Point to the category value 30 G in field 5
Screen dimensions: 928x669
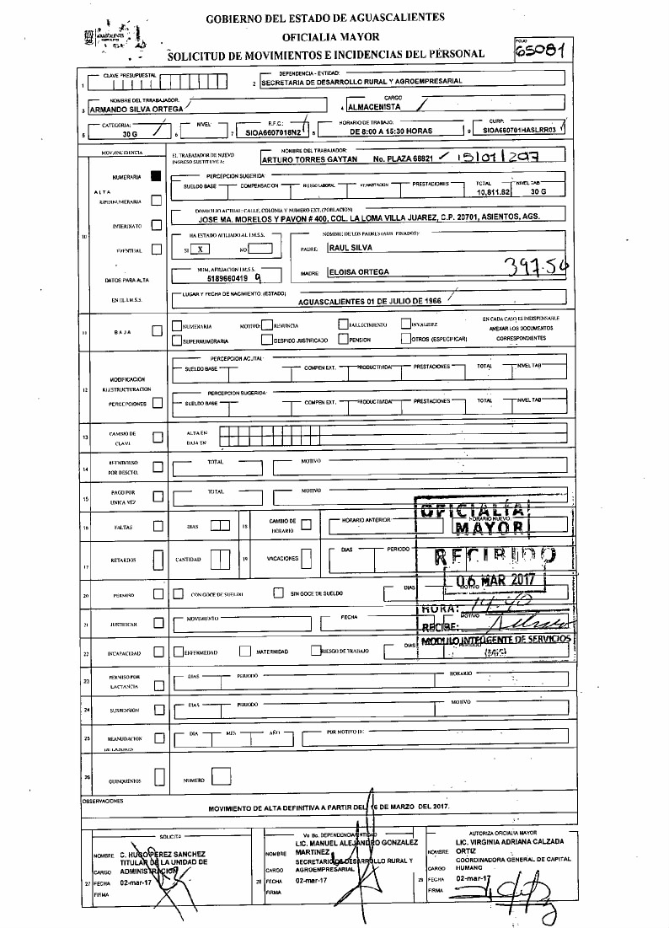pyautogui.click(x=129, y=133)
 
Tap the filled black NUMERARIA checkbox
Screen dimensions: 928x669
pyautogui.click(x=155, y=177)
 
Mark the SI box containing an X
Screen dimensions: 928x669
pyautogui.click(x=199, y=249)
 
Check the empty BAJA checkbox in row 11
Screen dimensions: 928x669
pyautogui.click(x=156, y=331)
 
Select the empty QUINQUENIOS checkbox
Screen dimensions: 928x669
pyautogui.click(x=156, y=780)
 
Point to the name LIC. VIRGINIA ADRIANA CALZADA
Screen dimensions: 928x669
pyautogui.click(x=509, y=841)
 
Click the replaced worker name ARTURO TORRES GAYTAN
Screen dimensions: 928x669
pyautogui.click(x=310, y=158)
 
